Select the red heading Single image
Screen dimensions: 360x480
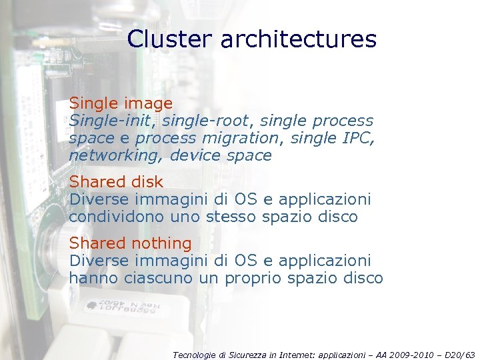coord(121,103)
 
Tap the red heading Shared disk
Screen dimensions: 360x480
coord(116,181)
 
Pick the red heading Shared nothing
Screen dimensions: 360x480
coord(130,243)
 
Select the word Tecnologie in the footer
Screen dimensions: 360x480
coord(193,355)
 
